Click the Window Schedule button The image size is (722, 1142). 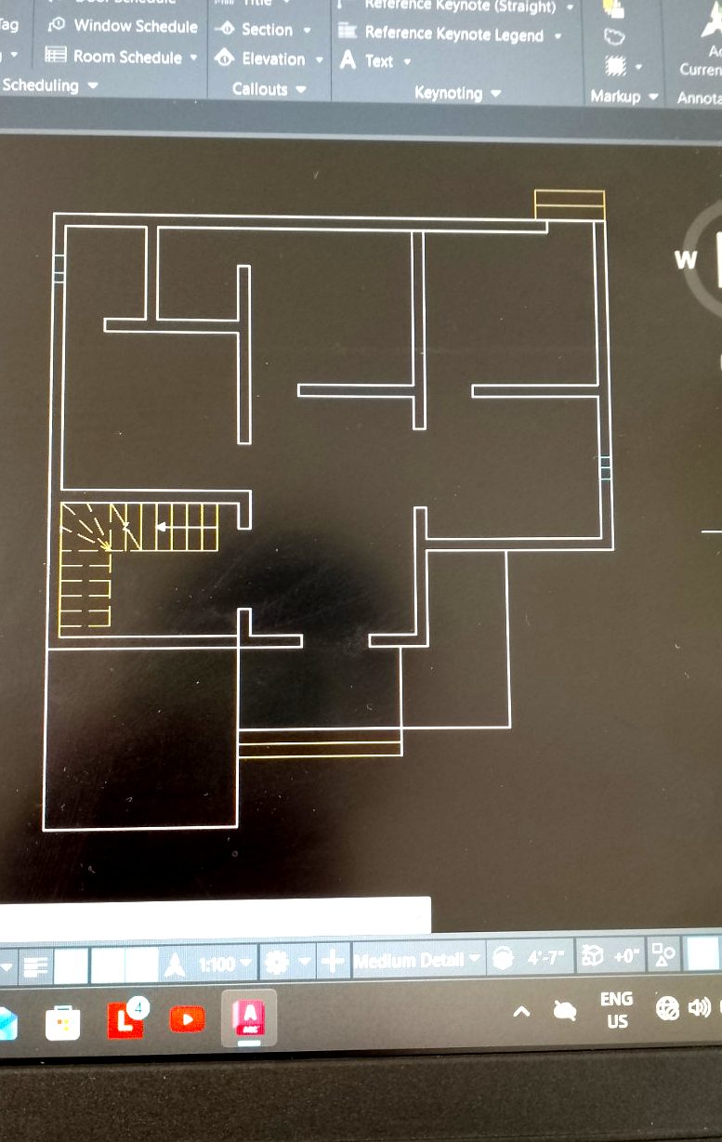[x=125, y=26]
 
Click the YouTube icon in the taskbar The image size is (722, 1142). [x=188, y=1019]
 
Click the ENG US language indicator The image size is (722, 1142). [x=616, y=1010]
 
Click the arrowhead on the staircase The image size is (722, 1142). [x=160, y=527]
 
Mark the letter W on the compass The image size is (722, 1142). [x=686, y=260]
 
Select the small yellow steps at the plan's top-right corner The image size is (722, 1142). [x=570, y=204]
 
